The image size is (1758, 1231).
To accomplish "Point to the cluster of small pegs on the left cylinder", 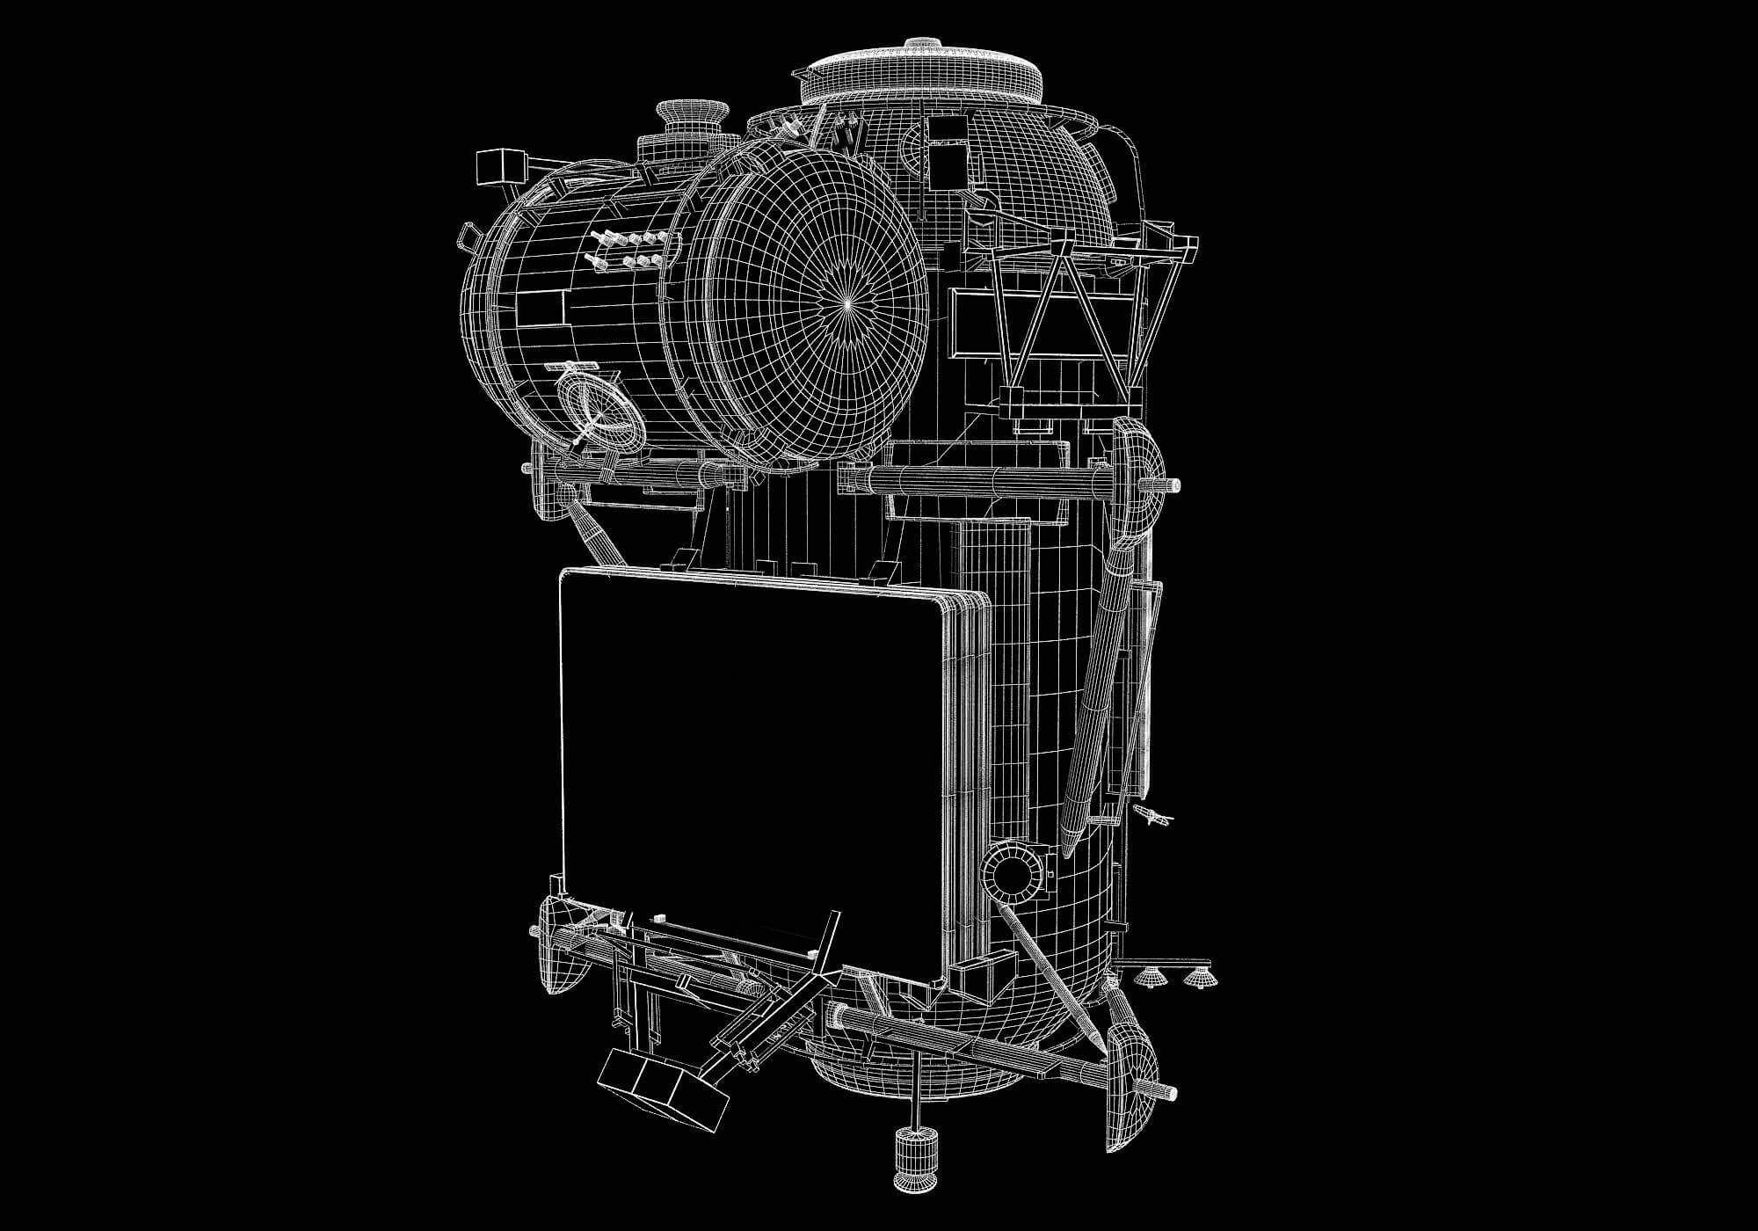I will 626,251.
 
